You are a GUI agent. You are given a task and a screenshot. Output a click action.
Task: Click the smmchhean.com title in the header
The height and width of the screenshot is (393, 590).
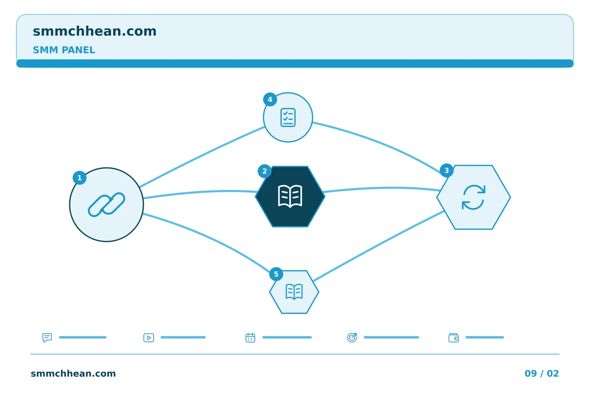click(x=95, y=31)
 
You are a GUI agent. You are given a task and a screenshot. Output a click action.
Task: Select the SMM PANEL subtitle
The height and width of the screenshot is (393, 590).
click(x=64, y=50)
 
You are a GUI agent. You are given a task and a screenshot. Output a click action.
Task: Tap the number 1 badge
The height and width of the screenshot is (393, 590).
click(x=79, y=178)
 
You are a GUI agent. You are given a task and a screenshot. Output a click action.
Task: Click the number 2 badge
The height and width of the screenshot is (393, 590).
click(x=265, y=172)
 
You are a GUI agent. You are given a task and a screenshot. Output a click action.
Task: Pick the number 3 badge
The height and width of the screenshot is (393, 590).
click(x=447, y=171)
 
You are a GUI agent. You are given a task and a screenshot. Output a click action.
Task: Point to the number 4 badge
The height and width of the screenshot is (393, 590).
click(x=270, y=99)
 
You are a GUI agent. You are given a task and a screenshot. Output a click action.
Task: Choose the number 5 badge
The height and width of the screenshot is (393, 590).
click(x=276, y=274)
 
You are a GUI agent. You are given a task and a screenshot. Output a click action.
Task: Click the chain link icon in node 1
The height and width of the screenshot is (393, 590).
click(x=107, y=205)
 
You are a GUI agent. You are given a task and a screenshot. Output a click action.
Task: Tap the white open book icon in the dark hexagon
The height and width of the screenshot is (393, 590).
click(x=290, y=196)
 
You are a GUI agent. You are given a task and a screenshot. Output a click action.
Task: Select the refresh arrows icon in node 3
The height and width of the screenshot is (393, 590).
click(x=474, y=197)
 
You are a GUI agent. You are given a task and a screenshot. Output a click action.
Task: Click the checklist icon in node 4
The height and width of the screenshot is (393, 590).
click(x=288, y=117)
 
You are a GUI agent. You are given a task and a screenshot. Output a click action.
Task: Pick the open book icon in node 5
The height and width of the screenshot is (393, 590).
click(x=294, y=291)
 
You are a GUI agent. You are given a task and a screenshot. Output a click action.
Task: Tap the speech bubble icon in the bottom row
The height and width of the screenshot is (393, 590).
click(x=47, y=337)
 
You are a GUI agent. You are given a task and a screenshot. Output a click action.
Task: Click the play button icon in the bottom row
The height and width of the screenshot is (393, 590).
click(x=149, y=338)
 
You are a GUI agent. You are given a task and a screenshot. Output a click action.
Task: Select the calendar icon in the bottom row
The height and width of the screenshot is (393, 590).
click(x=250, y=338)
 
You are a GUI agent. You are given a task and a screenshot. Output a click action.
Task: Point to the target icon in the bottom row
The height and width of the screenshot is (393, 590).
click(x=352, y=337)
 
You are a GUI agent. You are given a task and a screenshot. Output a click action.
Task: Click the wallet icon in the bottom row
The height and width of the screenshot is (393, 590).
click(x=454, y=338)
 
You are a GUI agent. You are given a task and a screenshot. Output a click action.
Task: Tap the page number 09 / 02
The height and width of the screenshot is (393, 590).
click(x=542, y=373)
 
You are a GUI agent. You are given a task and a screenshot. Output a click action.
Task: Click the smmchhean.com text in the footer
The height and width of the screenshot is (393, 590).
click(x=73, y=373)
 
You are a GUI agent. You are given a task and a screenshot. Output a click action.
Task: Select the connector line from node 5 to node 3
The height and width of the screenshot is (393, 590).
click(x=379, y=246)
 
